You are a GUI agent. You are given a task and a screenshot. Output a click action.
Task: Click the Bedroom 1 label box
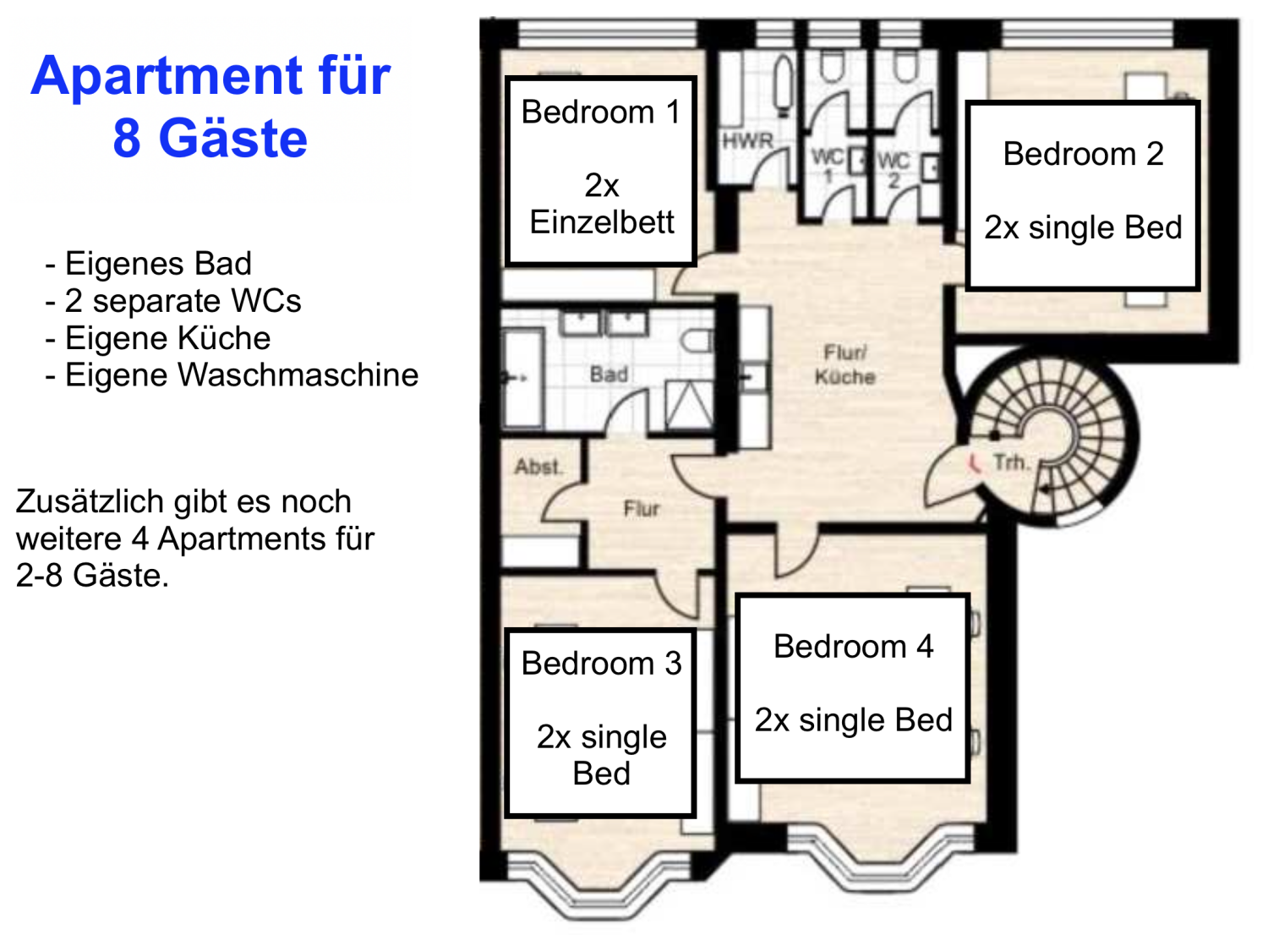pos(600,171)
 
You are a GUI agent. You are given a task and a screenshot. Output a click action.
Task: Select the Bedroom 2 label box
pos(1083,195)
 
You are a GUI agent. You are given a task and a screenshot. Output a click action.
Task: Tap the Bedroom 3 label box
pos(600,723)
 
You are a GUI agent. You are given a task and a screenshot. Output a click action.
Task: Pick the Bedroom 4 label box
pos(853,687)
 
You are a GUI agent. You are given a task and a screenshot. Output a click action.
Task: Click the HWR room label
pos(747,141)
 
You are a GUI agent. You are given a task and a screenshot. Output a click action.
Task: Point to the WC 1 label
pos(828,165)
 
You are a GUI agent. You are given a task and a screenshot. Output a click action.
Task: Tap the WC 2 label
pos(894,168)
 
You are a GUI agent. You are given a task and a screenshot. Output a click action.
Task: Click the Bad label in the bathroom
pos(609,374)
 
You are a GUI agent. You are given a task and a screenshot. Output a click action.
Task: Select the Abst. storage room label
pos(538,466)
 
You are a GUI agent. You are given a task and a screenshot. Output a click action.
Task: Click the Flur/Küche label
pos(844,364)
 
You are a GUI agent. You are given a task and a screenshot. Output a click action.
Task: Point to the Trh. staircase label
pos(1010,462)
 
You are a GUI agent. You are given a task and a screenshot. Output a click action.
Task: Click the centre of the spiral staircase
pos(1048,436)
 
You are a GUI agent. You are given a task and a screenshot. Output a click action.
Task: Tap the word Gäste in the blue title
pos(233,139)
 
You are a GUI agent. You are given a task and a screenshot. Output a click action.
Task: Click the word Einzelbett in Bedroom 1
pos(602,222)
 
